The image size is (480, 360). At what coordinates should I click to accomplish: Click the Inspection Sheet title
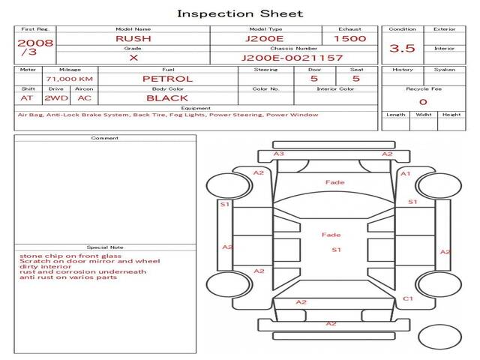click(240, 14)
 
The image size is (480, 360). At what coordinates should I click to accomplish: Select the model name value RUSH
click(133, 39)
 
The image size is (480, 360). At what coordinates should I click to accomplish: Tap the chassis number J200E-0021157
click(292, 58)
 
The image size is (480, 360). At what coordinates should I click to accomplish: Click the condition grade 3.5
click(402, 48)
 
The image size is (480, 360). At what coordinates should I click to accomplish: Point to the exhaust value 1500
click(350, 39)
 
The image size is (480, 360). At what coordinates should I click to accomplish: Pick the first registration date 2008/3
click(35, 46)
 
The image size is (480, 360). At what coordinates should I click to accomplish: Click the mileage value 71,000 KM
click(70, 79)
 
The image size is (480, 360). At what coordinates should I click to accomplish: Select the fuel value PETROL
click(168, 79)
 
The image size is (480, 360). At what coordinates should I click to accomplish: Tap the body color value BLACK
click(167, 98)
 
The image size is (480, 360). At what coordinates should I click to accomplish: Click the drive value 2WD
click(56, 98)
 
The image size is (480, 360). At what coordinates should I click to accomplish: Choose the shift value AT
click(27, 98)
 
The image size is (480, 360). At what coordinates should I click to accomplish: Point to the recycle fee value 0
click(423, 102)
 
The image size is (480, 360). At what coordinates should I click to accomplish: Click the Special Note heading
click(105, 247)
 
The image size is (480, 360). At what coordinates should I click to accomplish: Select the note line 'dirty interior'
click(45, 267)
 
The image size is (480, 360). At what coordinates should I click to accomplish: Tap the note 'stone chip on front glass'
click(70, 256)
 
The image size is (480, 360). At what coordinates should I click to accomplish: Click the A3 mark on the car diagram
click(278, 154)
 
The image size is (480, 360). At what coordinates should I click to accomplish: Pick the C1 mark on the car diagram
click(408, 298)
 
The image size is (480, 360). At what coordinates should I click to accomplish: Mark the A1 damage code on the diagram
click(406, 174)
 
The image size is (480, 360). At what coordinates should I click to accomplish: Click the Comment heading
click(105, 138)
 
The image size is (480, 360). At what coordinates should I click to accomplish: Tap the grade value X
click(133, 58)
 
